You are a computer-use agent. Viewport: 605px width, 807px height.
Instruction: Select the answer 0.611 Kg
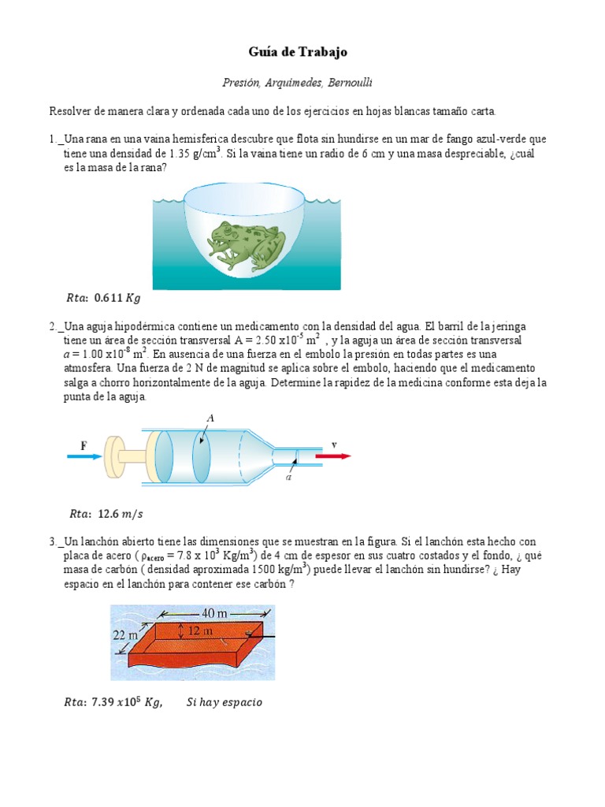point(117,299)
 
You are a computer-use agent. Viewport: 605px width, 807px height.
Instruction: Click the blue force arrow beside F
point(90,456)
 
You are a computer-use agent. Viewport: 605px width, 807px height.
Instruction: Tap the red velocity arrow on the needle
point(332,456)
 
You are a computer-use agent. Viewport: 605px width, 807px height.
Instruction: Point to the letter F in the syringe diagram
point(84,445)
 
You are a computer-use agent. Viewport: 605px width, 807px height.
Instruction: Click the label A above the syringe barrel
point(210,416)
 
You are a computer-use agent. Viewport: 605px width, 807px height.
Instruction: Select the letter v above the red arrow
point(334,444)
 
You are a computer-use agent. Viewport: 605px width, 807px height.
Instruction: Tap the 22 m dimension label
point(124,635)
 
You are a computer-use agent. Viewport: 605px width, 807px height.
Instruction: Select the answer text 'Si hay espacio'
point(225,702)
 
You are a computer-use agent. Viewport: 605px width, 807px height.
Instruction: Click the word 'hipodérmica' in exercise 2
point(153,325)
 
